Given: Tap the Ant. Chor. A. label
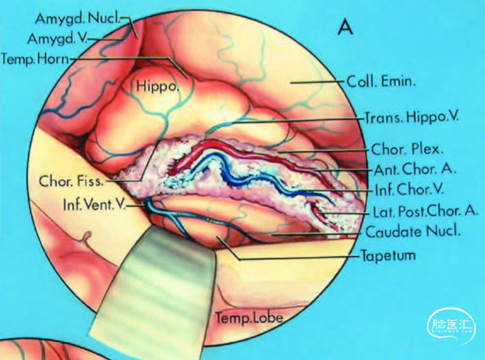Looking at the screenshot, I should (x=407, y=169).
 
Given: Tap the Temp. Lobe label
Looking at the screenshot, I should (x=249, y=318).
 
